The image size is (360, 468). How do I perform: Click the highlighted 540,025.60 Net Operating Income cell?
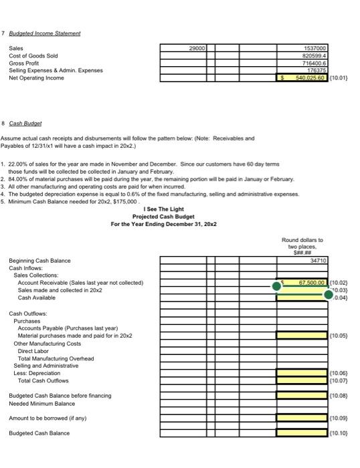point(302,78)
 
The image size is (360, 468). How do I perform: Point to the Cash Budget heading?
point(26,124)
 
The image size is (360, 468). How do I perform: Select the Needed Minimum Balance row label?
point(41,403)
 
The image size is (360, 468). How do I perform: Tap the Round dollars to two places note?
point(302,244)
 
